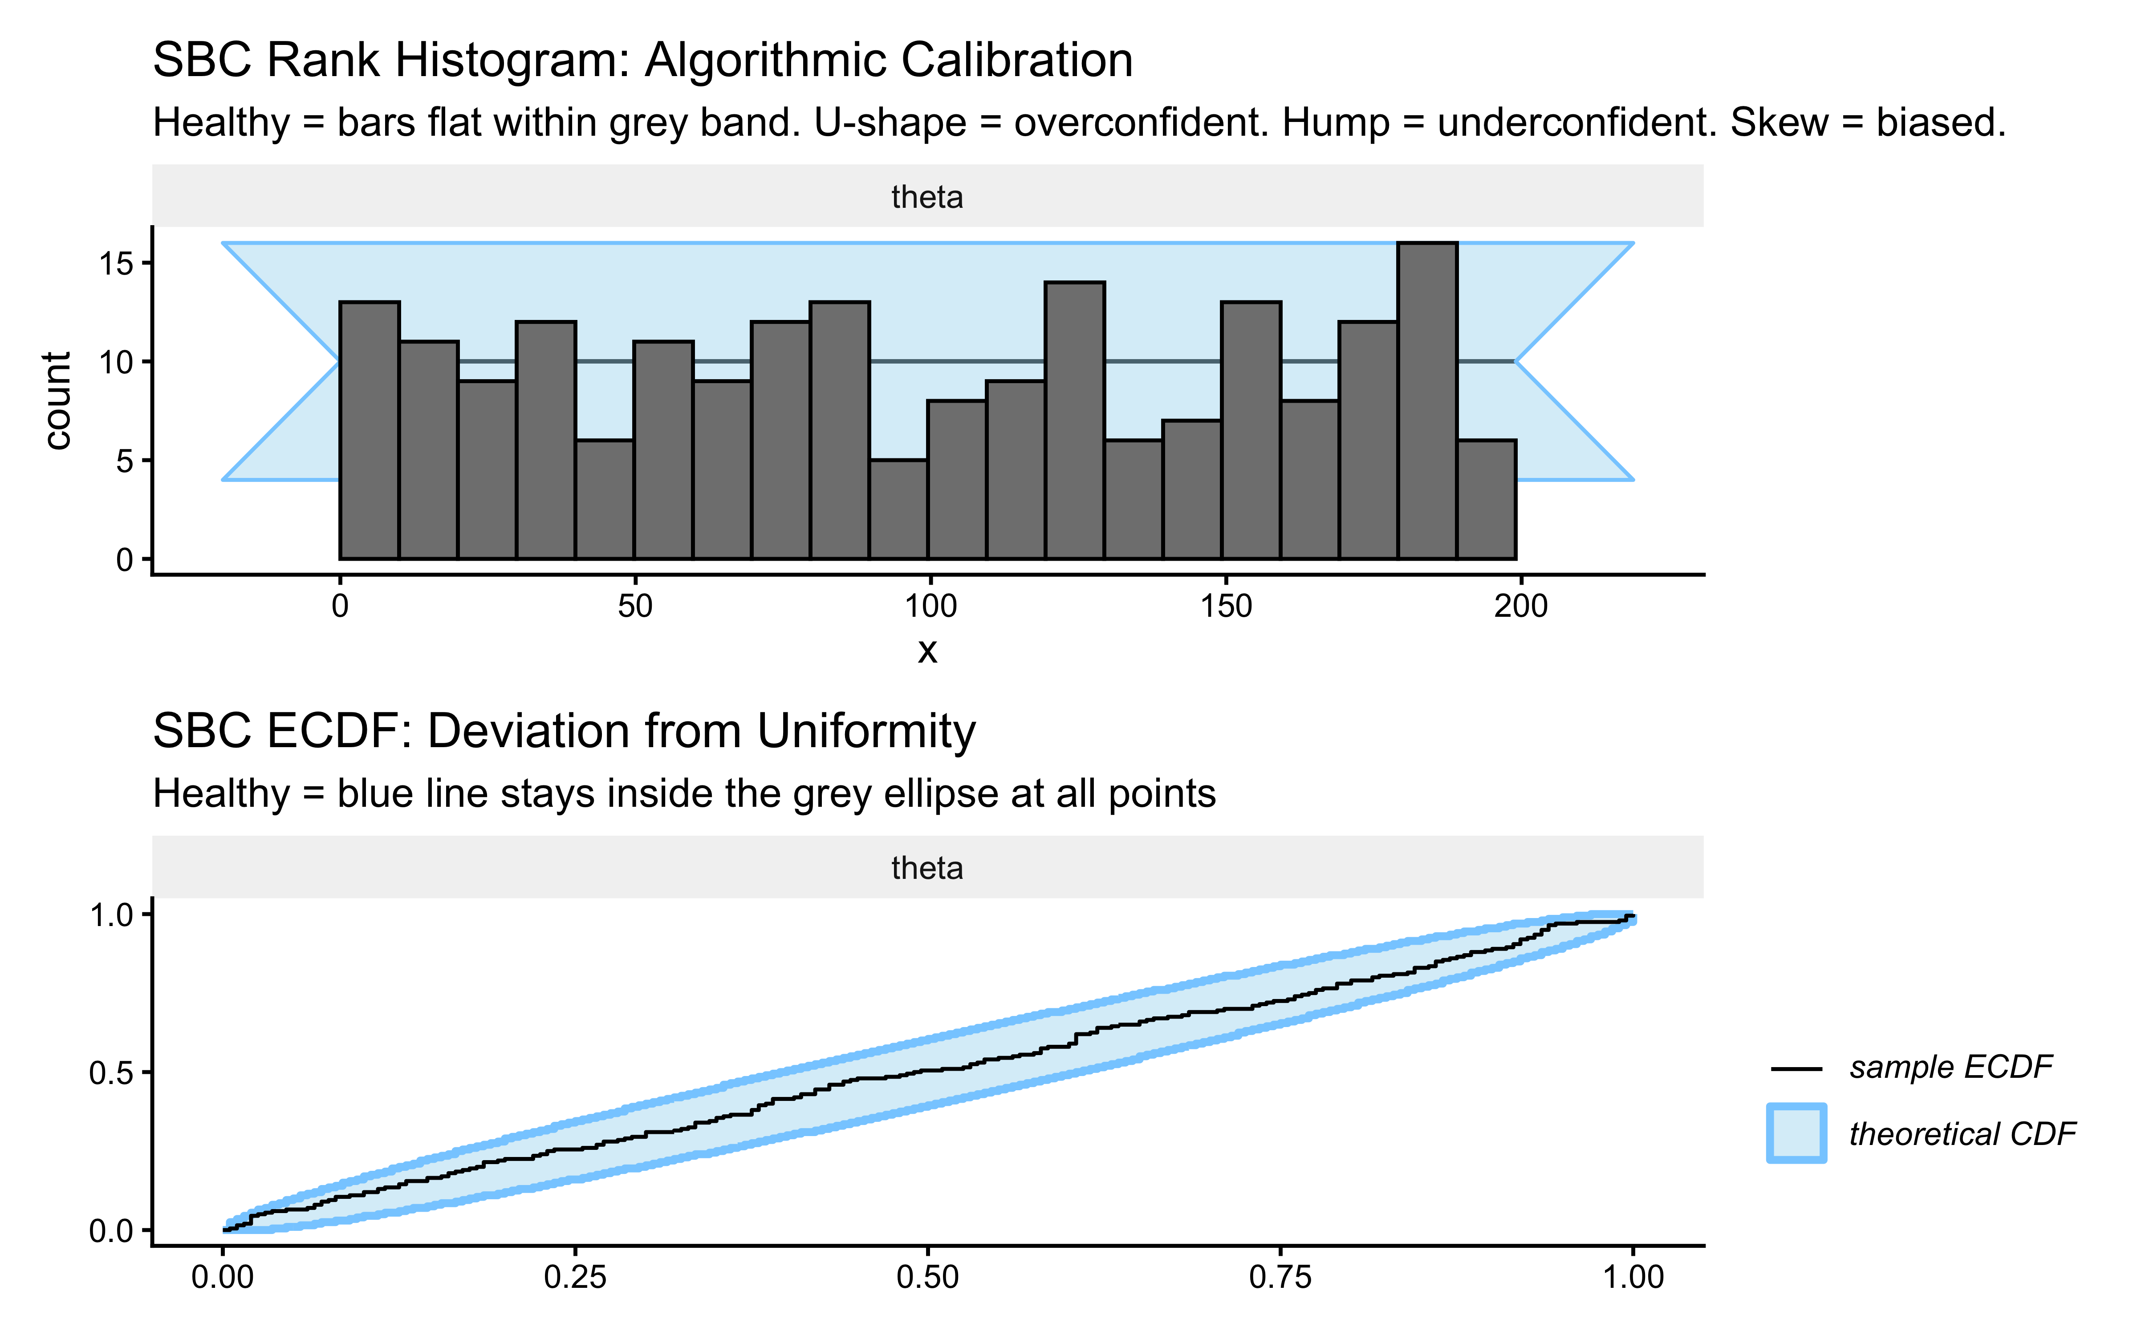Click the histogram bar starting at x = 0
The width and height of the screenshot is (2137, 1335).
369,431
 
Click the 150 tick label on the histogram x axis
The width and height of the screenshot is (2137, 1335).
1226,607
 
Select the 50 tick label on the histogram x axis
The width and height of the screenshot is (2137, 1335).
635,607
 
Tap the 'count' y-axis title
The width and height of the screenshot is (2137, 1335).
58,400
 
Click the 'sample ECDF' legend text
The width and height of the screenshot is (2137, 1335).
1950,1068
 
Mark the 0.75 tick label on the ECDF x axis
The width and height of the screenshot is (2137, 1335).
1280,1278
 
